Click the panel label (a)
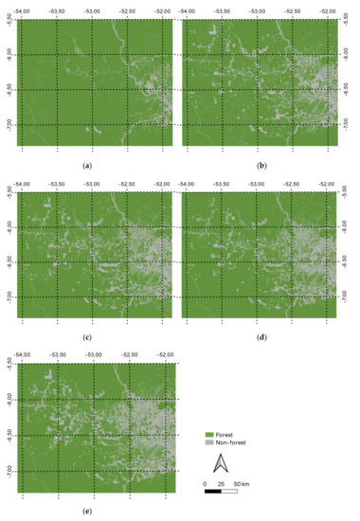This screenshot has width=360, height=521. tap(87, 166)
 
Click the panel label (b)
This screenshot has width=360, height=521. tap(261, 166)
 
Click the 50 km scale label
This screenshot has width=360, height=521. tap(242, 484)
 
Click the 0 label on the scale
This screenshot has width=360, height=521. tap(206, 484)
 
